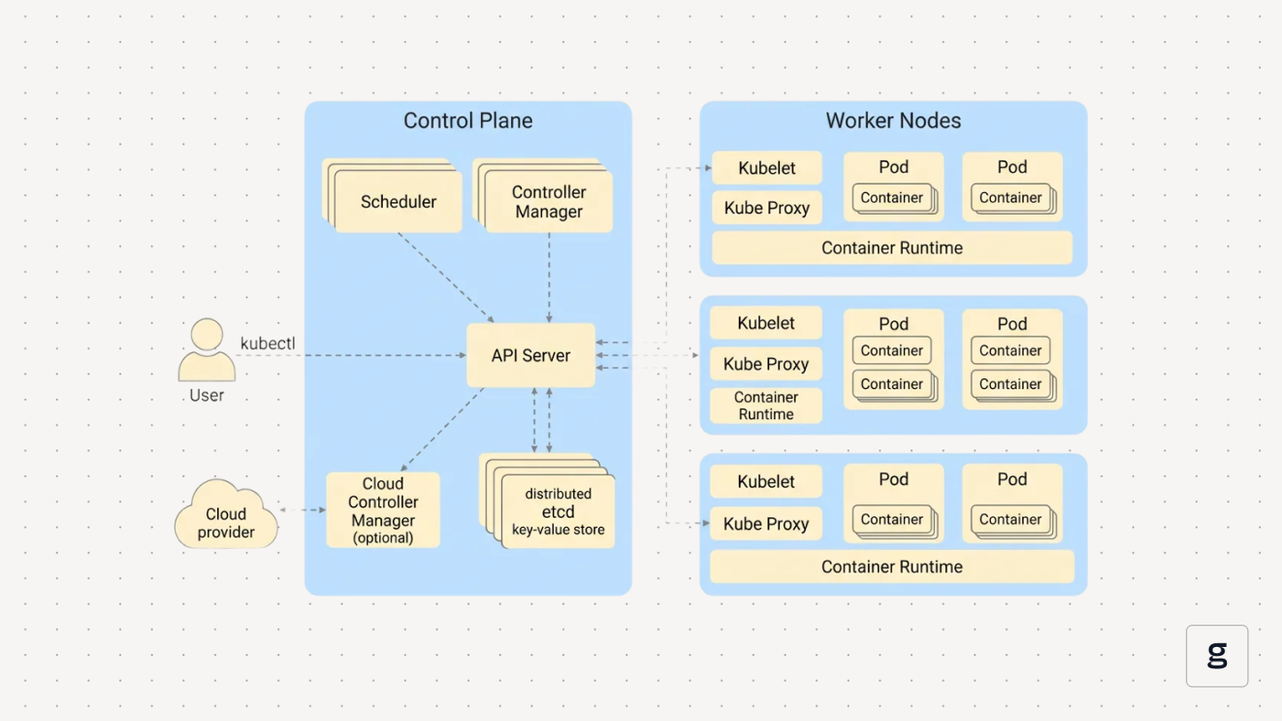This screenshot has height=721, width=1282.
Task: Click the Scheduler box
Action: click(x=397, y=201)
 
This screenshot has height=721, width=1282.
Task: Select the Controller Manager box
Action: click(x=549, y=201)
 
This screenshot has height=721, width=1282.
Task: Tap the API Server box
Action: click(x=530, y=355)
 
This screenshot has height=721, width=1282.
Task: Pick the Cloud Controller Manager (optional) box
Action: click(x=383, y=510)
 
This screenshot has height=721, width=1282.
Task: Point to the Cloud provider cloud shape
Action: click(x=226, y=514)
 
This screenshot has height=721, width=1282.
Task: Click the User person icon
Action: click(x=207, y=350)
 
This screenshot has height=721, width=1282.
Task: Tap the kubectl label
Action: click(x=267, y=343)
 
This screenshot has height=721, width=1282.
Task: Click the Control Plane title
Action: click(x=468, y=121)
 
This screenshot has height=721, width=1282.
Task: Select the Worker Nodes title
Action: click(x=893, y=121)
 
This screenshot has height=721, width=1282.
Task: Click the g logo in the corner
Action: click(x=1217, y=656)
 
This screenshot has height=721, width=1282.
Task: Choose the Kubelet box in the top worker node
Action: click(x=767, y=167)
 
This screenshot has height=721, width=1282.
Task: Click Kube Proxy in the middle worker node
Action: click(x=766, y=363)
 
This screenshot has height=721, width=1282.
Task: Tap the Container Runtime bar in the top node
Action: click(x=892, y=248)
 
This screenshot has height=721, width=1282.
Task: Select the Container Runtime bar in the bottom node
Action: click(x=892, y=566)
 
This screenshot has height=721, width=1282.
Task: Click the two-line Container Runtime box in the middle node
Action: click(x=766, y=405)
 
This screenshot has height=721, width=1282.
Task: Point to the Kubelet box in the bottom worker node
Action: click(x=766, y=481)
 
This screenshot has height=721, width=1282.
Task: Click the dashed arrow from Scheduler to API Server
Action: click(x=446, y=277)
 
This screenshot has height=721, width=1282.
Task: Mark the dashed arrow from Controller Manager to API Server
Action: click(x=549, y=278)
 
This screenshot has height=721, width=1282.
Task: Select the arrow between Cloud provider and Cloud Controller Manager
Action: click(x=302, y=510)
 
